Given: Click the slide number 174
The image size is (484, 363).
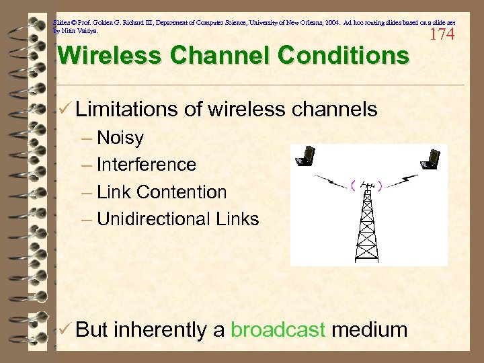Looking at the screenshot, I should tap(442, 34).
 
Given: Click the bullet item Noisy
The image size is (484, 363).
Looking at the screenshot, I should tap(120, 138).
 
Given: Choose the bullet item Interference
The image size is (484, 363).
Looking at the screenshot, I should tap(146, 165).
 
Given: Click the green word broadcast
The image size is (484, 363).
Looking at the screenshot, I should tap(278, 329).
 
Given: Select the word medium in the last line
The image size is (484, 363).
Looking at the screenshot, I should tap(370, 329).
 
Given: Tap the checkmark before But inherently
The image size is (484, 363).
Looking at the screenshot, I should tap(65, 329).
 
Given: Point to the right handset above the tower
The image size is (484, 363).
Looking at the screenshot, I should tap(428, 157).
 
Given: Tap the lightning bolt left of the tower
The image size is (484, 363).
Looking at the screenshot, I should tap(330, 181).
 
